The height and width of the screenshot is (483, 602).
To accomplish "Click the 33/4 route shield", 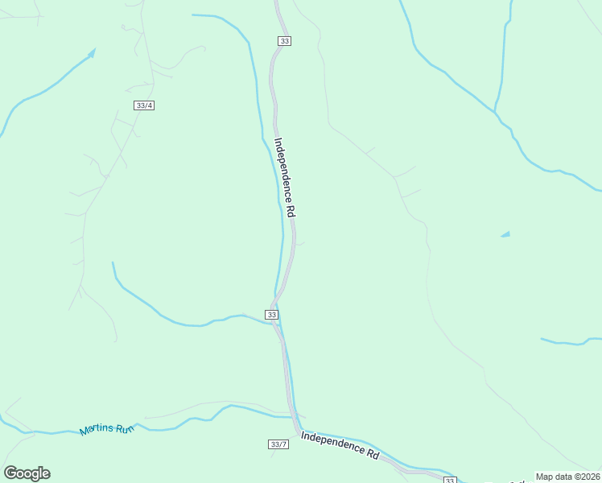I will (x=145, y=105).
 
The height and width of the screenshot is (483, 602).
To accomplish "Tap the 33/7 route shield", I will (x=278, y=444).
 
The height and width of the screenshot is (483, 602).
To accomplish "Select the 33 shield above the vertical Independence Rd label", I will (x=284, y=41).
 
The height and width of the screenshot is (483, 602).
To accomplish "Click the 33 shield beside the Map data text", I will (x=450, y=480).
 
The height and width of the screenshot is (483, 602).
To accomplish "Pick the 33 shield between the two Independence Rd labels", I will (x=272, y=314).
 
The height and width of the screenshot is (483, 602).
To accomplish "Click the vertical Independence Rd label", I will (x=286, y=178).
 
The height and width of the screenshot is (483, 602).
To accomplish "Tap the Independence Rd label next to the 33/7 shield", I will (x=340, y=444).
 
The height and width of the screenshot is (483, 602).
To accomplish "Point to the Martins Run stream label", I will (x=106, y=430).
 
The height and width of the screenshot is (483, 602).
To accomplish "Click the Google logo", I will (x=27, y=473).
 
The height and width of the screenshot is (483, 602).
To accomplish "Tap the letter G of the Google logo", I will (x=10, y=473).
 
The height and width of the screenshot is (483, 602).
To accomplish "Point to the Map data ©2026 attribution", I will (x=567, y=477).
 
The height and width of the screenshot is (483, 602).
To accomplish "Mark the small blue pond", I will (x=505, y=234).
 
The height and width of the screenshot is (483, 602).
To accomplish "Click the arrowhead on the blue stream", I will (x=92, y=52).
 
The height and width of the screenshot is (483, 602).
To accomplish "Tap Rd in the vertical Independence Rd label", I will (x=292, y=211).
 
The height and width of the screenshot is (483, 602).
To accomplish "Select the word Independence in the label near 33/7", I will (x=332, y=442).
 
